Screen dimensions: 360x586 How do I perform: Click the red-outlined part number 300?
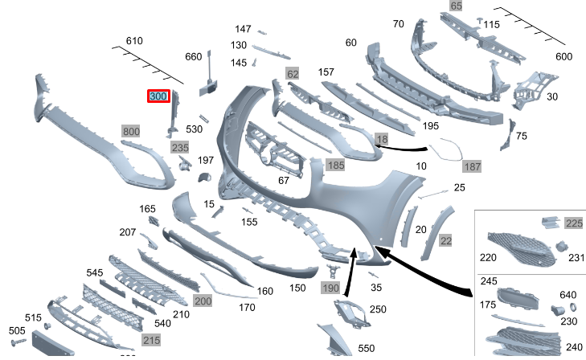158,96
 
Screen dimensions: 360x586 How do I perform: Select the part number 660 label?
194,57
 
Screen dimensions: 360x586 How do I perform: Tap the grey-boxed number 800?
131,131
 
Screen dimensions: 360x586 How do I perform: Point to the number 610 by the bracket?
134,41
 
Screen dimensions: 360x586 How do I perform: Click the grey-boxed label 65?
456,6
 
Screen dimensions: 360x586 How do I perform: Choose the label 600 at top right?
564,56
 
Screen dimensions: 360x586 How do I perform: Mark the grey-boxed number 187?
472,166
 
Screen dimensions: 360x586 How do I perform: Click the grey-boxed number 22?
446,240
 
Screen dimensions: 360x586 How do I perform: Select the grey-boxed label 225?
574,223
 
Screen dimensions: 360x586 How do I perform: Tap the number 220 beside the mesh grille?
488,258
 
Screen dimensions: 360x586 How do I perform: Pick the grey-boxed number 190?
330,288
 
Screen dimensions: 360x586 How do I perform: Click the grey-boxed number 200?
203,301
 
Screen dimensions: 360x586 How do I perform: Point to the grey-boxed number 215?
151,341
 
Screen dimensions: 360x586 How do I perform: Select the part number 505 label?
17,330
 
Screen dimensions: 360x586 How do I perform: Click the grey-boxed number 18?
381,140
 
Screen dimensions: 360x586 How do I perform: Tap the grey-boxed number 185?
335,166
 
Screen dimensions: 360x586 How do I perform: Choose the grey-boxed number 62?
293,75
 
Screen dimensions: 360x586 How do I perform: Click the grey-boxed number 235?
180,148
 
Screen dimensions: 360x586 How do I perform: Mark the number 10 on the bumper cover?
420,166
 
